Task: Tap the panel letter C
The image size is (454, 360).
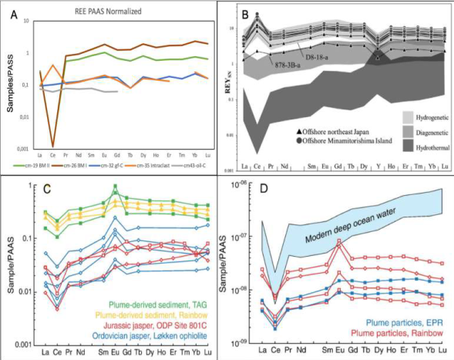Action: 49,187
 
